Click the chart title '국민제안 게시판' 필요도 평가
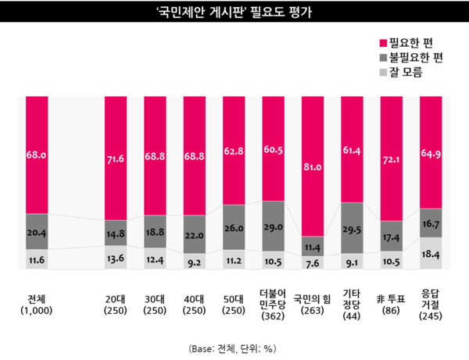(x=234, y=12)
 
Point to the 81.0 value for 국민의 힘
(x=311, y=166)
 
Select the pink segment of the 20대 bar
(x=115, y=156)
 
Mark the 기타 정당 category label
(x=351, y=302)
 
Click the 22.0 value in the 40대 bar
(x=194, y=234)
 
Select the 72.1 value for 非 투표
(x=390, y=159)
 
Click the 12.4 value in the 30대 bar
(x=155, y=259)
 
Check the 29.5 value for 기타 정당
(x=351, y=228)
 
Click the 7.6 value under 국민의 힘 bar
(x=311, y=263)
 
